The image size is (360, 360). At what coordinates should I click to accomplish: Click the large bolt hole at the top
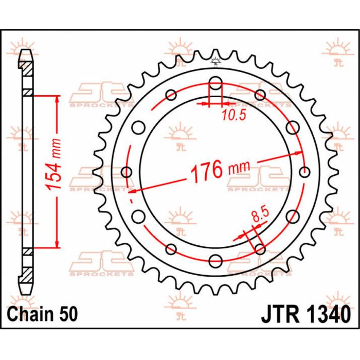click(x=216, y=83)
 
